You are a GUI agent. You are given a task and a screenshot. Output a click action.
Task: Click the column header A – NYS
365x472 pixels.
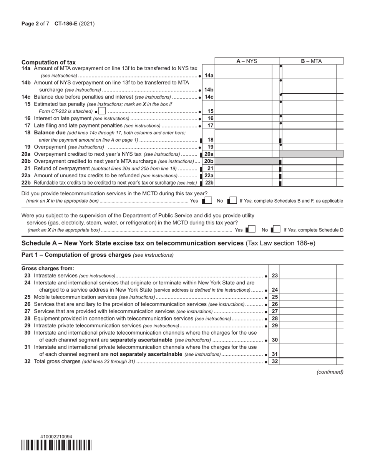click(246, 61)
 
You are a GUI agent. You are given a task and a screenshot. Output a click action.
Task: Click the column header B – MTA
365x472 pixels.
click(311, 61)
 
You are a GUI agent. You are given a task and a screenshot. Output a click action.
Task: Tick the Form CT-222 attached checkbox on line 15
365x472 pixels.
click(102, 111)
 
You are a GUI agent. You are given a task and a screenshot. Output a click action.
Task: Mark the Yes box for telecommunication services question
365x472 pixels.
click(208, 201)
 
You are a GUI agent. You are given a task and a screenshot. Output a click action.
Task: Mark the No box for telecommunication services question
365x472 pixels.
click(233, 201)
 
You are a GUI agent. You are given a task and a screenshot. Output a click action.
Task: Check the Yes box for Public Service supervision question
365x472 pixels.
click(252, 230)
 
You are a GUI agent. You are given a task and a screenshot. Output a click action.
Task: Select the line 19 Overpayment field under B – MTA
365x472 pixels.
click(309, 147)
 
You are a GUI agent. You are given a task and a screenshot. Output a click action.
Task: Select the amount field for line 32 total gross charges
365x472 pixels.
click(308, 361)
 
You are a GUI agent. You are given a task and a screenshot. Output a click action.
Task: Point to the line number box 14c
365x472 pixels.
click(209, 97)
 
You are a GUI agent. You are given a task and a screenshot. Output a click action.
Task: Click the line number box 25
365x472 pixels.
click(275, 297)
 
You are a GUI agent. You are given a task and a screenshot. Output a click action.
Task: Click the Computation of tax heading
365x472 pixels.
click(48, 62)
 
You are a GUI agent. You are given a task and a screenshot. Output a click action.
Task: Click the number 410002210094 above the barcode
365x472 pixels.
click(56, 437)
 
